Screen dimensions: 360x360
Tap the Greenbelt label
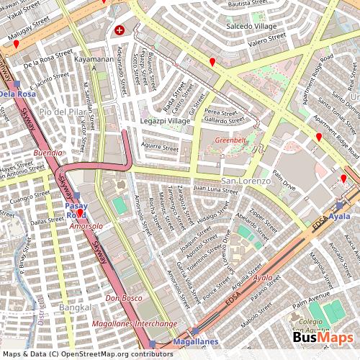click(x=230, y=140)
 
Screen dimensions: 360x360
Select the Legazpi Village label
click(x=165, y=121)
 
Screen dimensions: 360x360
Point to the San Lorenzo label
click(x=246, y=180)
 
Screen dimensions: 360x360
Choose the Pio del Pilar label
click(x=61, y=112)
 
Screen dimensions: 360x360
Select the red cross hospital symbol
click(x=120, y=31)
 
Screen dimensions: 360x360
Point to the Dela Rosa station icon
click(x=16, y=84)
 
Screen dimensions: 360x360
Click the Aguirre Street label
click(x=160, y=148)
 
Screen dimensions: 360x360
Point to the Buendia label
click(x=48, y=153)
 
